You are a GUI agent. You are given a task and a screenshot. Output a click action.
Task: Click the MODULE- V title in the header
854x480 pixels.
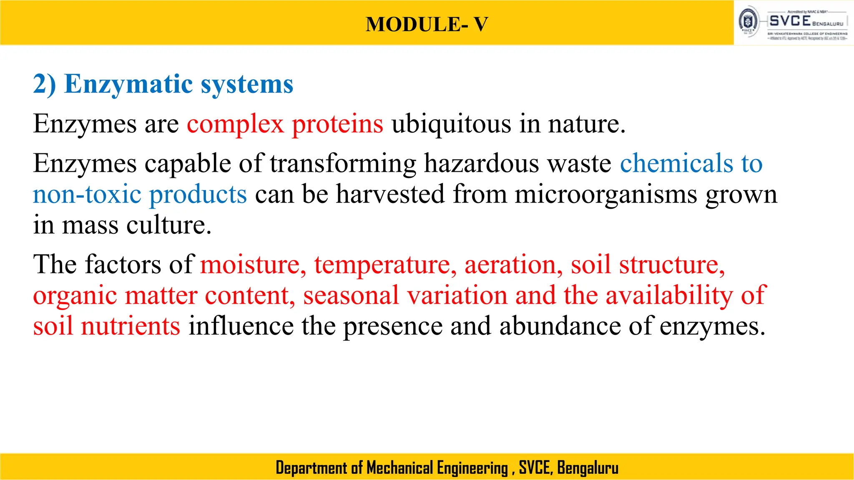[x=427, y=24]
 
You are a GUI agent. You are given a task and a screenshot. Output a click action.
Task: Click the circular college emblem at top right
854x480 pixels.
[x=749, y=22]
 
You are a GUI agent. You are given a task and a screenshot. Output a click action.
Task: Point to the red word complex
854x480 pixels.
[x=235, y=124]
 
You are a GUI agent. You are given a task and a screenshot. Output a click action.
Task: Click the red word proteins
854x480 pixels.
[x=337, y=124]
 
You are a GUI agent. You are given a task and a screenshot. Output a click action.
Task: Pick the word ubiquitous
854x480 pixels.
[x=451, y=124]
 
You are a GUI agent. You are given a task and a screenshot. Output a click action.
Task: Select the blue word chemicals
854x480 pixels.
[x=676, y=163]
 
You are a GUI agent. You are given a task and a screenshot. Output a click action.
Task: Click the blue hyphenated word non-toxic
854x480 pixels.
[x=87, y=195]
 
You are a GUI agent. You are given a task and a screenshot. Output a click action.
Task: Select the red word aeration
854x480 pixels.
[x=513, y=265]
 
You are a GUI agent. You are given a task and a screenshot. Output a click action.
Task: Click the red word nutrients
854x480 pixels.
[x=131, y=326]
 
